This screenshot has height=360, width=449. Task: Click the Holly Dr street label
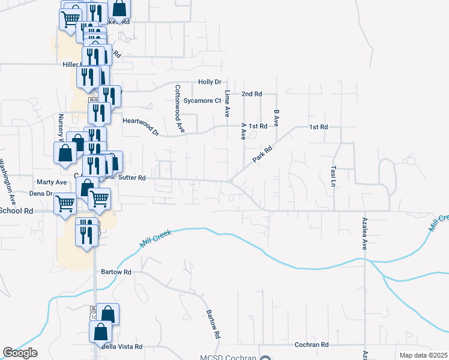(x=209, y=82)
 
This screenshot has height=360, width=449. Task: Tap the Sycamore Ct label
(x=202, y=101)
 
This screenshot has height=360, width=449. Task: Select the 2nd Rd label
(x=252, y=94)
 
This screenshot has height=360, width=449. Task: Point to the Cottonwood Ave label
(x=179, y=108)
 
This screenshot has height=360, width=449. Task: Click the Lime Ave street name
(x=228, y=103)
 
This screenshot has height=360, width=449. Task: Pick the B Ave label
(x=276, y=118)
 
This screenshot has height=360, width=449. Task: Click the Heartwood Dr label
(x=140, y=126)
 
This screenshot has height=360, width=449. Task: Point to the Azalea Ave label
(x=364, y=235)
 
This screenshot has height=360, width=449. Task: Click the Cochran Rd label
(x=312, y=345)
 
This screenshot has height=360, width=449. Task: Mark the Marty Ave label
(x=52, y=182)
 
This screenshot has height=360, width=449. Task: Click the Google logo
(x=20, y=352)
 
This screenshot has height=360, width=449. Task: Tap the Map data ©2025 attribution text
(x=424, y=355)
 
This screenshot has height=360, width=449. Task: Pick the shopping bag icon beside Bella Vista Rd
(x=101, y=332)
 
